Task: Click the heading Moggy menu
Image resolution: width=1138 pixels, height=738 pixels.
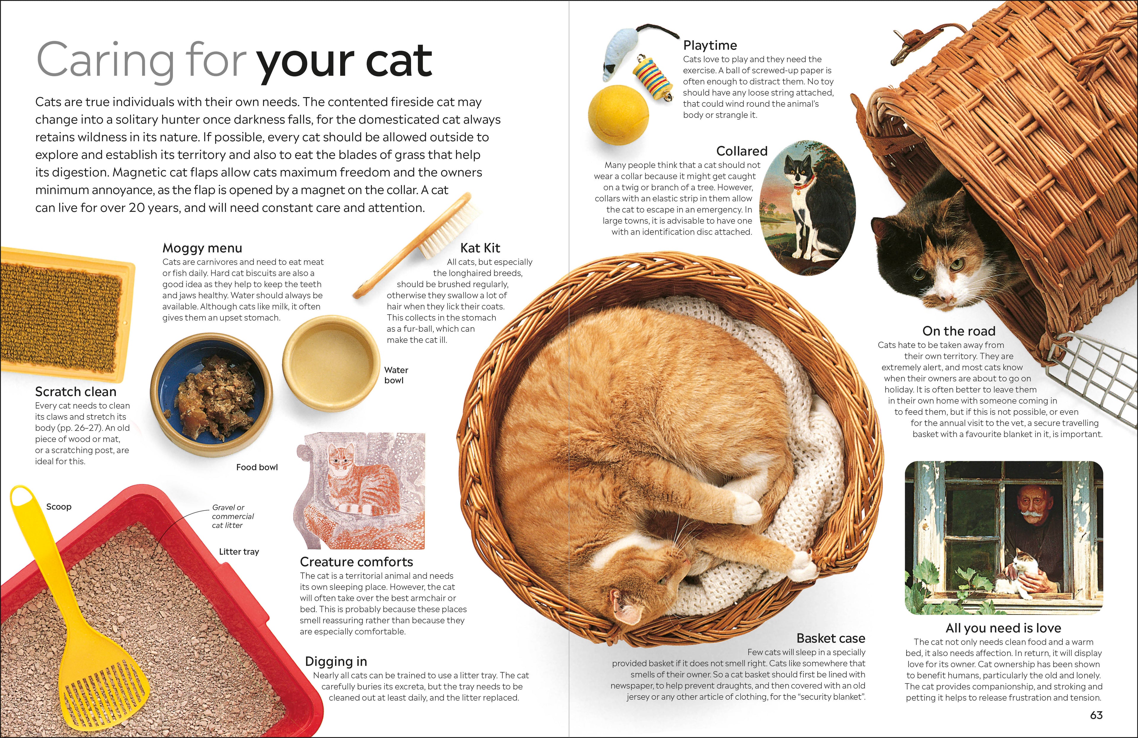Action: click(202, 248)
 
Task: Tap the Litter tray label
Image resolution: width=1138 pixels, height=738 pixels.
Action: click(239, 552)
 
